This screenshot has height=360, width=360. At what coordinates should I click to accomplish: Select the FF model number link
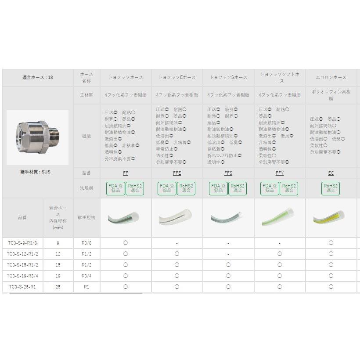[x=126, y=173]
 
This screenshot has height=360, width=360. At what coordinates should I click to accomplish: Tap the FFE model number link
[x=177, y=173]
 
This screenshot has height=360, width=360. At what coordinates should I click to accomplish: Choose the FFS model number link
[x=228, y=173]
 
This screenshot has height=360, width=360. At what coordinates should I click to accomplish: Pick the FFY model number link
[x=280, y=173]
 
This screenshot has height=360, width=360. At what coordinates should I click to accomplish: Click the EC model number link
[x=331, y=173]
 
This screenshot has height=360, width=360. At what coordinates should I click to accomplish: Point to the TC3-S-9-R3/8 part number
[x=23, y=243]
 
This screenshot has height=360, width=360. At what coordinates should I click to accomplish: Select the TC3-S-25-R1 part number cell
[x=23, y=287]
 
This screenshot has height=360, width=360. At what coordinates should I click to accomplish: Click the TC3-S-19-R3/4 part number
[x=23, y=276]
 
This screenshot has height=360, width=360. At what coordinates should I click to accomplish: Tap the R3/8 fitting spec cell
[x=86, y=243]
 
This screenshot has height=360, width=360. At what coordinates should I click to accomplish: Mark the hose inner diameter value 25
[x=58, y=287]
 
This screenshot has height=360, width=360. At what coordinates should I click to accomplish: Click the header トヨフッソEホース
[x=177, y=78]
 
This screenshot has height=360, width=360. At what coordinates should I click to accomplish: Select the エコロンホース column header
[x=331, y=78]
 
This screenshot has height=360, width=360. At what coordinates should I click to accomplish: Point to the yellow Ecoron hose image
[x=331, y=218]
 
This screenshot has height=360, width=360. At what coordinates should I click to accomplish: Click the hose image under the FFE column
[x=177, y=218]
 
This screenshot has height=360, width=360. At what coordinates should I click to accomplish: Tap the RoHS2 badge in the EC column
[x=331, y=188]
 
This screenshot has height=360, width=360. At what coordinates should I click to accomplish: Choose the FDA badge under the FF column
[x=116, y=188]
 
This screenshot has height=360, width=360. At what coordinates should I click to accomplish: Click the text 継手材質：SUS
[x=37, y=172]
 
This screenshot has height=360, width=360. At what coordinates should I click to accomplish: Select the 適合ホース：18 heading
[x=37, y=78]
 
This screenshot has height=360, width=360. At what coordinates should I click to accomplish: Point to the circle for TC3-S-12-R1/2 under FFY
[x=280, y=254]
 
